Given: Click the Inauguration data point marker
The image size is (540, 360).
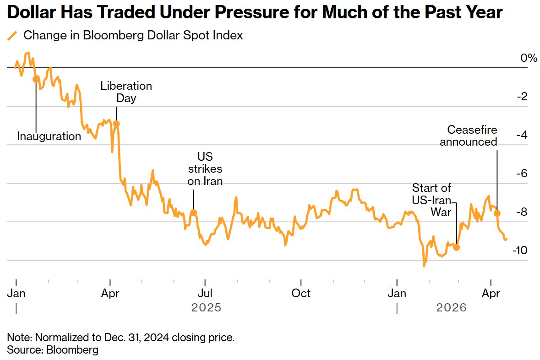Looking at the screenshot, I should (x=36, y=79).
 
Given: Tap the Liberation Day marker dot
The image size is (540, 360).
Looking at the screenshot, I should (x=116, y=124).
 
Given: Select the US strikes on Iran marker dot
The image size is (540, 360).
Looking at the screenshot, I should (x=193, y=213).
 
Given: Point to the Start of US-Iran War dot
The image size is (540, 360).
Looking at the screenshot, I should (x=456, y=247).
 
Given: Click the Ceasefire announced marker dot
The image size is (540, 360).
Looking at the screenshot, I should (x=497, y=213).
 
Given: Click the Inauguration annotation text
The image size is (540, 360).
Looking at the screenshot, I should (x=49, y=136).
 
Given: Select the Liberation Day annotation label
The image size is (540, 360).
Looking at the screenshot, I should (x=126, y=92).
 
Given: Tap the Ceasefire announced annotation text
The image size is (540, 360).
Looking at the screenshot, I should (x=469, y=136).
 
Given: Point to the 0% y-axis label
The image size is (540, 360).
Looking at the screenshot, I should (x=528, y=58).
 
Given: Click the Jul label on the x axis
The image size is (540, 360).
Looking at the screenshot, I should (x=205, y=293).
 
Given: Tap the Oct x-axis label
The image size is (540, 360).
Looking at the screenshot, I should (x=301, y=293).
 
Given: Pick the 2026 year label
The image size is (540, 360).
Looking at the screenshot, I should (x=452, y=307).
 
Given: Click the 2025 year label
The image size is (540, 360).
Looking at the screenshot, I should (x=206, y=307).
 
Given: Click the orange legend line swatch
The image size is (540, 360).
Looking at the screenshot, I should (x=12, y=36).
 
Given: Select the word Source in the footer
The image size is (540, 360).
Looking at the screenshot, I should (x=22, y=350).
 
